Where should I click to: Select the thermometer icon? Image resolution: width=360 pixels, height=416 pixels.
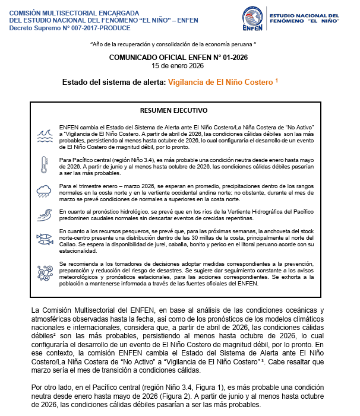(43, 164)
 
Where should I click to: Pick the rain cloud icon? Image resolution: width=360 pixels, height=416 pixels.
(43, 190)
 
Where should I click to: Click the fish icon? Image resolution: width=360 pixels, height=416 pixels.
(43, 239)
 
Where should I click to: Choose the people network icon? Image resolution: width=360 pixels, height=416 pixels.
(43, 272)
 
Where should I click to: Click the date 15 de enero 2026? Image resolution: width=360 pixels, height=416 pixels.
(178, 65)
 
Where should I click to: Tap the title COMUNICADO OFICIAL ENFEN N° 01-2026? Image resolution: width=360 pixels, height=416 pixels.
(178, 57)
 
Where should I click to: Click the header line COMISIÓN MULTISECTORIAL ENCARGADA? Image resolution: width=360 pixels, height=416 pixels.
(74, 12)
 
